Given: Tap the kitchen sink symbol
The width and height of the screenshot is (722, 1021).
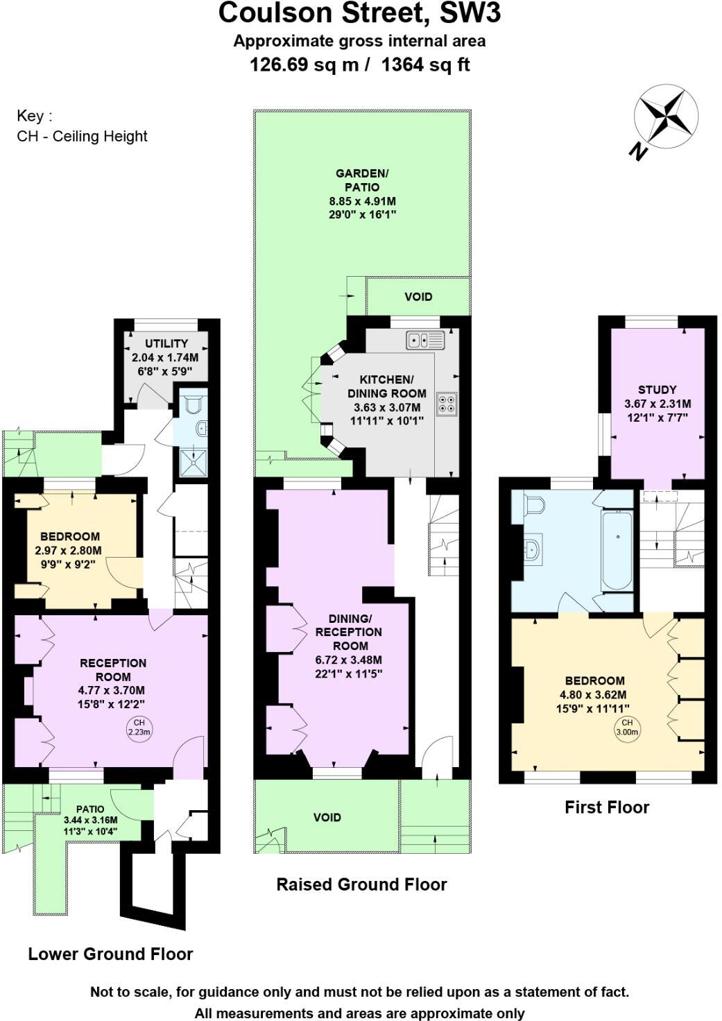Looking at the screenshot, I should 425,340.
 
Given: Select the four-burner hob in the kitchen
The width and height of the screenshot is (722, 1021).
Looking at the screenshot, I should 446,404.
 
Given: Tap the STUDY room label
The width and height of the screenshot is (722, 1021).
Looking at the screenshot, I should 657,390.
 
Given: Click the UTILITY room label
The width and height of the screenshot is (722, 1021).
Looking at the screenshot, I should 166,343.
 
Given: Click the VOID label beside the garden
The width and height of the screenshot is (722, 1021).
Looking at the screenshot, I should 418,297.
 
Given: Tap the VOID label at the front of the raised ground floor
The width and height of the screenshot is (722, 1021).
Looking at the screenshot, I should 327,817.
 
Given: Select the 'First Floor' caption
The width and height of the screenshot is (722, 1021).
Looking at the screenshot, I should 606,807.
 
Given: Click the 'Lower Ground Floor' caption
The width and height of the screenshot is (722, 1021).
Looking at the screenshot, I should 110,954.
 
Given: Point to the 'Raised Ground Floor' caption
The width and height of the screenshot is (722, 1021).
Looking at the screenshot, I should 361,884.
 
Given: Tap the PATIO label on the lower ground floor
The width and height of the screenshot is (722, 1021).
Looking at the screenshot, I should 90,809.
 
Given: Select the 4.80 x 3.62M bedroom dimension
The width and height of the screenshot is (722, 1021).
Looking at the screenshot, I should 593,694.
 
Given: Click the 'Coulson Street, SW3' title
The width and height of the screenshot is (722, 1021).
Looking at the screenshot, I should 359,14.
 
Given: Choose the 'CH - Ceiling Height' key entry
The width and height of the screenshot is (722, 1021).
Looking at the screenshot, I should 82,136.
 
